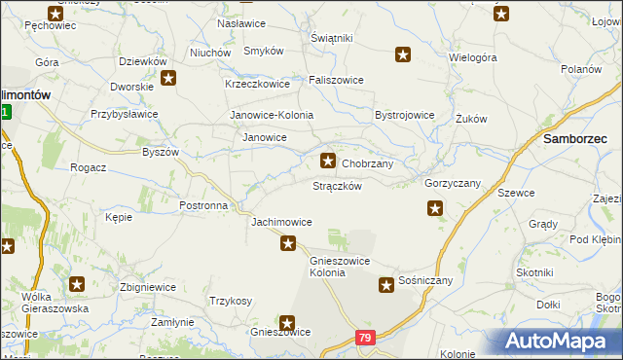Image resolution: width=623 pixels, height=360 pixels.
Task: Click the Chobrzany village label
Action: pos(367,163)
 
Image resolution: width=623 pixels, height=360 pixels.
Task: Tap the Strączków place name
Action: pos(338,186)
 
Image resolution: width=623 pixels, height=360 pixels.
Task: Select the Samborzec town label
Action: pos(575,140)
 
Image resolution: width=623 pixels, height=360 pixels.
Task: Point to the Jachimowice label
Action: pos(281,222)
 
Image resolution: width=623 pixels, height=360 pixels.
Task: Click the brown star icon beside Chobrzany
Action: pos(329,161)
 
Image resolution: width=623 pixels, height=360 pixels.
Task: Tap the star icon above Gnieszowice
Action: pos(288,322)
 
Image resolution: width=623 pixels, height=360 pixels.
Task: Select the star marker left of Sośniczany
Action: pos(386,285)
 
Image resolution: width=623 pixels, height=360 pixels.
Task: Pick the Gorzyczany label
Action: pos(453,183)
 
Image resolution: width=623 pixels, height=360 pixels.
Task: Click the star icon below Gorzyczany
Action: pos(435,207)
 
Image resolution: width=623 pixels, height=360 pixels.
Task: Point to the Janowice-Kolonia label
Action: pos(272,115)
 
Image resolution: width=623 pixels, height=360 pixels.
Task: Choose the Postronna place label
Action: pos(203,206)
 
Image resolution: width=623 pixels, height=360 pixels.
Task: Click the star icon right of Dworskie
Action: pos(168,79)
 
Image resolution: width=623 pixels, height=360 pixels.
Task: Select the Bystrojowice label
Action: pos(404,115)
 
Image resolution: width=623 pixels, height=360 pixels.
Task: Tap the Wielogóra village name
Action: pos(473,57)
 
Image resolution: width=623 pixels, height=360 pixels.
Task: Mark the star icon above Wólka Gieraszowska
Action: pos(77,285)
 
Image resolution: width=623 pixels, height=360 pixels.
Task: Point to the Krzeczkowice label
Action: pos(258,84)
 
